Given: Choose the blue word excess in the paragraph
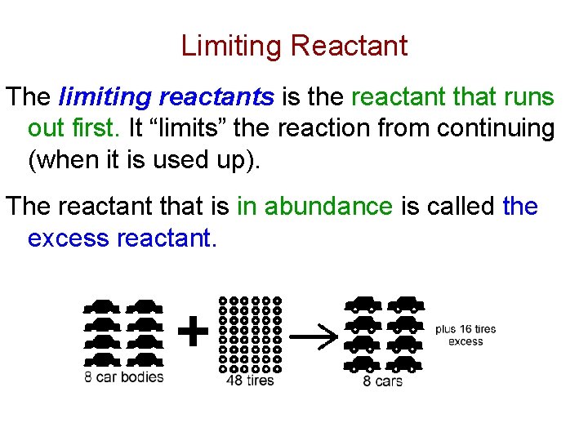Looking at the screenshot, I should point(69,238).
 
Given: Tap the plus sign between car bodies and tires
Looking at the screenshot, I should point(193,332).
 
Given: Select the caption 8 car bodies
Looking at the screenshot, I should point(124,376).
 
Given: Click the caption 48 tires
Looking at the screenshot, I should point(249,380).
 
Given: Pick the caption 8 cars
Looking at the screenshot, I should point(382,381).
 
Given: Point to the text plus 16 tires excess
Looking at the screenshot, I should point(465,336).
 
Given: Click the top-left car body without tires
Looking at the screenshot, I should point(101,308).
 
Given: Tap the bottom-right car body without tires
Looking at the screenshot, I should point(145,359).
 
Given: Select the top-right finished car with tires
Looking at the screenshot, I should point(406,305).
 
